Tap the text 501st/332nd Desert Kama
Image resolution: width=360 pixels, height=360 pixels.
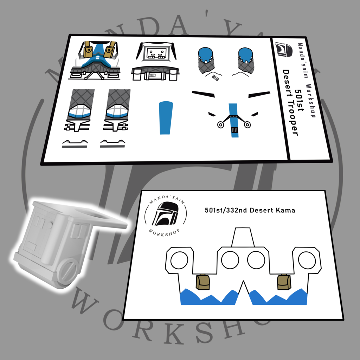click(250, 210)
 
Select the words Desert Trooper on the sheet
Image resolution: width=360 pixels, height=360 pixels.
click(290, 103)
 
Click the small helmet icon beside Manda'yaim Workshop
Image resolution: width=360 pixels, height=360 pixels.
click(284, 49)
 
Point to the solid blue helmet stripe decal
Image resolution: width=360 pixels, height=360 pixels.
click(166, 118)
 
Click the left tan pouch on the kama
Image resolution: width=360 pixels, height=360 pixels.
click(203, 282)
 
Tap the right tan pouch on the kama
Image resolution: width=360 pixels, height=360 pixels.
click(284, 282)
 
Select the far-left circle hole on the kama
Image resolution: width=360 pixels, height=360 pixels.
click(179, 260)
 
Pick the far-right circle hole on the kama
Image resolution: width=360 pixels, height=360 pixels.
click(307, 260)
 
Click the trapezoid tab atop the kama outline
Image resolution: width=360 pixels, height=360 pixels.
click(243, 237)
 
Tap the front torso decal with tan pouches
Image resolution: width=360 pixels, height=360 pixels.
click(95, 60)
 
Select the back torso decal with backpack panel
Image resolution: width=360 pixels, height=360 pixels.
click(155, 61)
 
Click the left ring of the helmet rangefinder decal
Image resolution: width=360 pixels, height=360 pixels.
click(220, 125)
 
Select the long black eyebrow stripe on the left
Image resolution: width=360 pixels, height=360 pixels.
click(203, 94)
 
